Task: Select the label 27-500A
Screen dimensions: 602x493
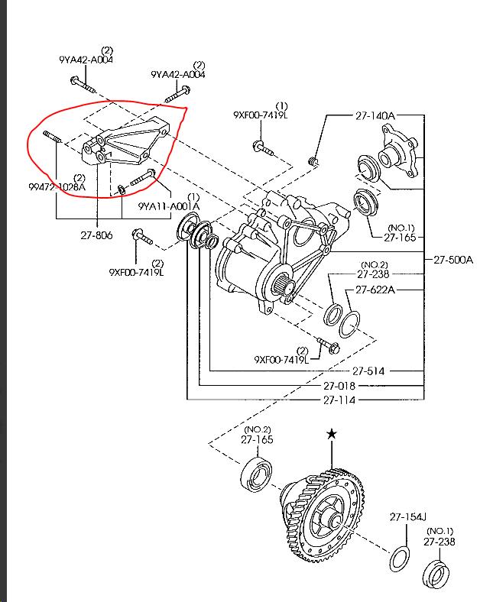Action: (x=453, y=259)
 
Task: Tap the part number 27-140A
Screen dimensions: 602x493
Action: (x=375, y=115)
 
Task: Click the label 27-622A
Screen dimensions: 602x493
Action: (x=376, y=290)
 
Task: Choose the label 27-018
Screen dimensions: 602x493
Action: (x=340, y=386)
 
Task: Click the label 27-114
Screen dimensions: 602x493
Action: (x=340, y=400)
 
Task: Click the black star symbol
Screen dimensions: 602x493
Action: (x=331, y=434)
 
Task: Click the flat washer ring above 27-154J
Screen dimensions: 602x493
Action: (x=398, y=558)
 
